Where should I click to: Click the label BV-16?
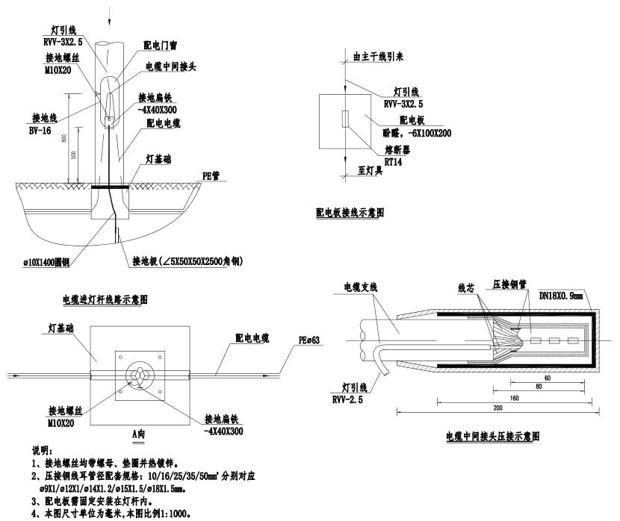(42, 129)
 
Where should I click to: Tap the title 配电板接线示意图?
(350, 213)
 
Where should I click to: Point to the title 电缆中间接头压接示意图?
(492, 434)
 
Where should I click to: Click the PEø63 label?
(309, 341)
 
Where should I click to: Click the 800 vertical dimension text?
(65, 139)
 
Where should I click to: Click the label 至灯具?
(371, 171)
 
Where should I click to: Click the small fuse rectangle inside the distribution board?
(344, 119)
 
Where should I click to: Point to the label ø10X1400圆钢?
(46, 262)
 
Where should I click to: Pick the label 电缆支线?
(360, 287)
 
